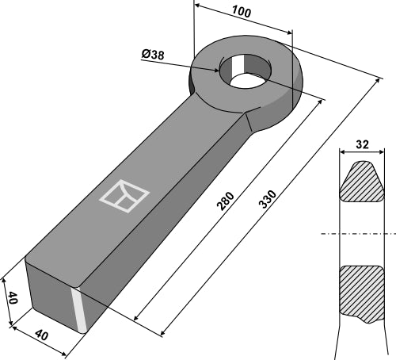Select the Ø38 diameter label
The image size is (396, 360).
tap(154, 54)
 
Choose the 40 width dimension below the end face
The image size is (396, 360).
tap(40, 337)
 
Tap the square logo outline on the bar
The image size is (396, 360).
tap(124, 197)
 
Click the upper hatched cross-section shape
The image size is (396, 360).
tap(363, 183)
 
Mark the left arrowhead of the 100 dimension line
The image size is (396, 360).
tap(196, 6)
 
